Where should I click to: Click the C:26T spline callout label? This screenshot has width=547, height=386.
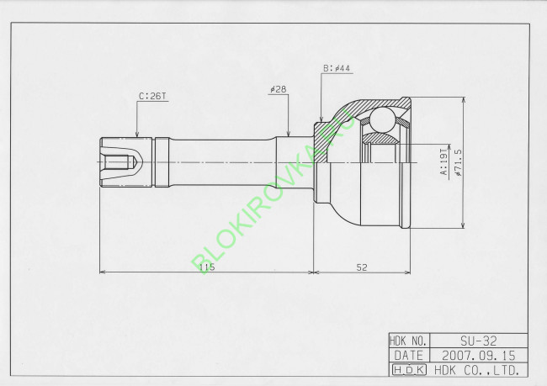[152, 96]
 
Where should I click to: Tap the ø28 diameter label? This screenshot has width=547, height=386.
[278, 89]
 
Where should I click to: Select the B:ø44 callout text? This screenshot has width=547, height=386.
[337, 68]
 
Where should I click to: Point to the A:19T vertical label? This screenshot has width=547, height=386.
[443, 161]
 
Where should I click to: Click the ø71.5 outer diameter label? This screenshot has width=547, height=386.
[458, 162]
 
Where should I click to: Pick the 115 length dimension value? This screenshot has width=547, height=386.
[207, 267]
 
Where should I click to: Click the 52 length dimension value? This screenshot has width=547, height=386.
[362, 267]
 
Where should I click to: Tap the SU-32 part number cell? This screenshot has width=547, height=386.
[478, 341]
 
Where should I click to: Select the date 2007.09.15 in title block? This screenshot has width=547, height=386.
[478, 356]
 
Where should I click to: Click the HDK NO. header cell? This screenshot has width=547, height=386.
[409, 341]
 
